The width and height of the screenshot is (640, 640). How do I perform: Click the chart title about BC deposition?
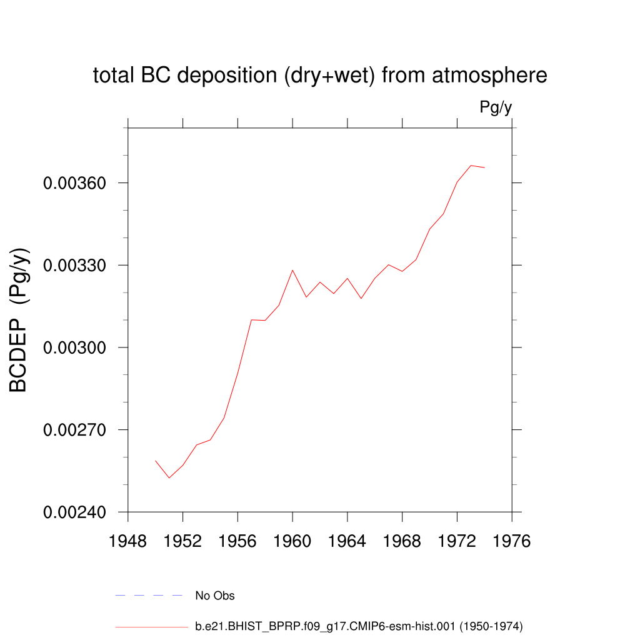pyautogui.click(x=320, y=76)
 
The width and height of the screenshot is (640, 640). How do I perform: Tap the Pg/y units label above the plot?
pyautogui.click(x=496, y=107)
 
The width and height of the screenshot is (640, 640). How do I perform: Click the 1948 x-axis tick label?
pyautogui.click(x=128, y=541)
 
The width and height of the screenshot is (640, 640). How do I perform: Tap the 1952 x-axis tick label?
pyautogui.click(x=182, y=541)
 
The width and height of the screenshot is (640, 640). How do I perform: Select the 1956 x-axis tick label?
pyautogui.click(x=237, y=541)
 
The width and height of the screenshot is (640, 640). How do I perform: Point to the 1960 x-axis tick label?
pyautogui.click(x=292, y=541)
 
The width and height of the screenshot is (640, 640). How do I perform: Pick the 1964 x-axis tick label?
pyautogui.click(x=347, y=541)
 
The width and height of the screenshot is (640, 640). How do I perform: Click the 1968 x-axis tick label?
pyautogui.click(x=402, y=541)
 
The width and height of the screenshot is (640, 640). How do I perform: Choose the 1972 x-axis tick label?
pyautogui.click(x=457, y=541)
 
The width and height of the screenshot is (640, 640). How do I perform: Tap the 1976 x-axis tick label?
pyautogui.click(x=512, y=541)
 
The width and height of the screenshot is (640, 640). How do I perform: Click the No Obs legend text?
pyautogui.click(x=215, y=596)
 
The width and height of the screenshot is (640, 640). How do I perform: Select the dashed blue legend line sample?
pyautogui.click(x=149, y=596)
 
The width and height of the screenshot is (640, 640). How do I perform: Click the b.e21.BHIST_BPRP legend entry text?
pyautogui.click(x=359, y=626)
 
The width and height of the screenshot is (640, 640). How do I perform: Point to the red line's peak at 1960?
pyautogui.click(x=292, y=270)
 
